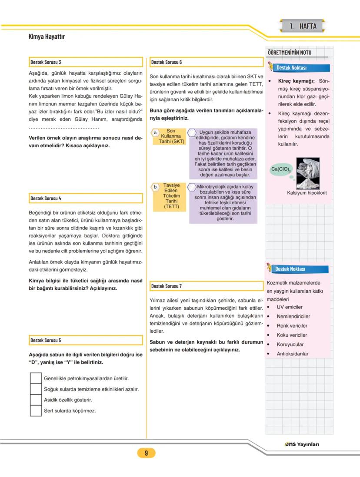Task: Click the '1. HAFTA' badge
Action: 303,26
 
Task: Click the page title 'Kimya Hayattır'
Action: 47,36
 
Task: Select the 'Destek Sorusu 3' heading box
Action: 86,62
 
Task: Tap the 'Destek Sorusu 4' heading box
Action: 86,198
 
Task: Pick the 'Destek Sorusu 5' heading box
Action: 86,340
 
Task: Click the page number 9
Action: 146,453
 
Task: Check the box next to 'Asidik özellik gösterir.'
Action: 36,400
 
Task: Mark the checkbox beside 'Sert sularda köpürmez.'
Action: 36,411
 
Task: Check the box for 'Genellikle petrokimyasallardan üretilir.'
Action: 36,378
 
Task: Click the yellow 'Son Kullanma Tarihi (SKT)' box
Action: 170,136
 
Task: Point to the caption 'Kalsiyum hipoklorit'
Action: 307,193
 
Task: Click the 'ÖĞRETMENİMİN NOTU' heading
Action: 289,53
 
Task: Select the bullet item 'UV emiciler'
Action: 289,307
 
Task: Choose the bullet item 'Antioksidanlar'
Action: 292,354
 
